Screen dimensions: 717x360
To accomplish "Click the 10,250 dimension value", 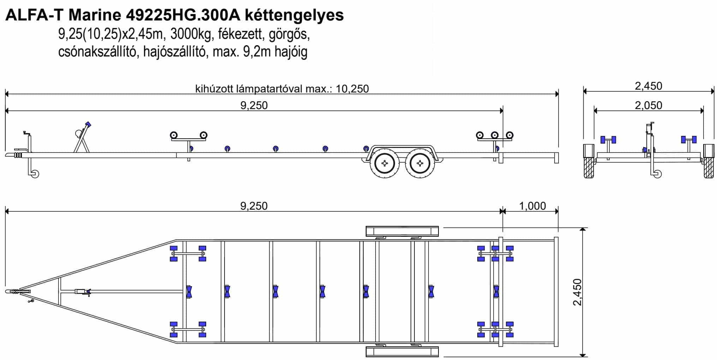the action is click(352, 89).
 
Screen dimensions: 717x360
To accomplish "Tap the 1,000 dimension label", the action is click(533, 206).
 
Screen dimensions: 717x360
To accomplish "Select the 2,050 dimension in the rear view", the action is click(649, 105).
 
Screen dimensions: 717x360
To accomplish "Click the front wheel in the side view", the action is click(385, 163).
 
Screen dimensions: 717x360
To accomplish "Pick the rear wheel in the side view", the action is click(420, 163).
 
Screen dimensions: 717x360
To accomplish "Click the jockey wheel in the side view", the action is click(35, 174).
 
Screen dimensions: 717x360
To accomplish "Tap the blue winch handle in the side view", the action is click(88, 125).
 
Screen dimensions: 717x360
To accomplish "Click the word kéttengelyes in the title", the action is click(294, 15).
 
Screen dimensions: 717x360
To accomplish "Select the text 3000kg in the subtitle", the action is click(191, 34).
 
